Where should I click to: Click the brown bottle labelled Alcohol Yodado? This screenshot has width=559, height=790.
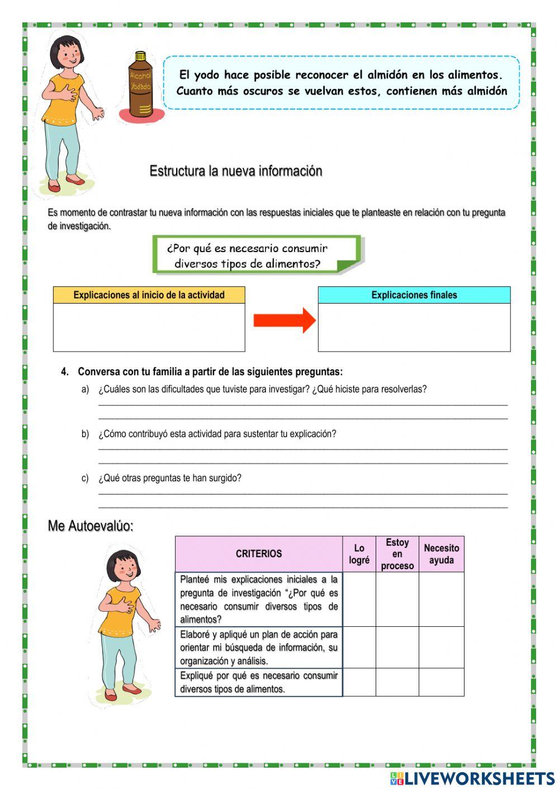[x=140, y=85]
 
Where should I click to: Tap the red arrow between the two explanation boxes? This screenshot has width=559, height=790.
[x=284, y=320]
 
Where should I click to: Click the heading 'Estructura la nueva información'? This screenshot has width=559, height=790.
[x=235, y=171]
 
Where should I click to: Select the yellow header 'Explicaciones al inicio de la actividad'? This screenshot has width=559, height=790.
[x=149, y=295]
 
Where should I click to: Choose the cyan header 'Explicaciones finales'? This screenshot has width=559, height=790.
[x=414, y=295]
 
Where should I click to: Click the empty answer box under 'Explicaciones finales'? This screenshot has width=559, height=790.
[x=414, y=327]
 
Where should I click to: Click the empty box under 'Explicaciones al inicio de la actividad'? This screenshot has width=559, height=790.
[x=149, y=327]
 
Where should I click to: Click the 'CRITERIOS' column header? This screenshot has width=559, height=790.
[x=258, y=554]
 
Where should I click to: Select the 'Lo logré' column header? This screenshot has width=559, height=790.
[x=359, y=554]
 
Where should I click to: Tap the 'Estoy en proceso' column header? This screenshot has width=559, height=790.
[x=397, y=554]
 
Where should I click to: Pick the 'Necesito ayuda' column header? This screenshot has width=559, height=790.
[x=441, y=554]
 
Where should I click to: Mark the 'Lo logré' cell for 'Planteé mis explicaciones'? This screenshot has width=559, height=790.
[x=359, y=599]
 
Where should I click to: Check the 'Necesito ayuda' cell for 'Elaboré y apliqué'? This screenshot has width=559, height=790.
[x=441, y=647]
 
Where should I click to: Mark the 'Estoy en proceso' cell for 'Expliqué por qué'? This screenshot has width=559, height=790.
[x=397, y=682]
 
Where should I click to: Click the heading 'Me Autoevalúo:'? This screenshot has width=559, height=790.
[x=91, y=526]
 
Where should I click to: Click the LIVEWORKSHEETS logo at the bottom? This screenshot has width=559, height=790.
[x=472, y=778]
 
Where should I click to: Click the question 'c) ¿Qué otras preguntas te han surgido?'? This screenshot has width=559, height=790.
[x=162, y=478]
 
